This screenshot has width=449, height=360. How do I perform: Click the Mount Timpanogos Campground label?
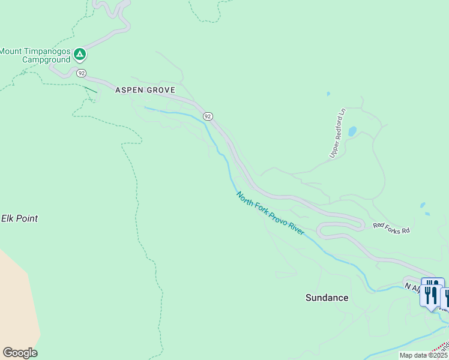click(35, 55)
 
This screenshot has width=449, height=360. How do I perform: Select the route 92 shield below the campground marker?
click(82, 73)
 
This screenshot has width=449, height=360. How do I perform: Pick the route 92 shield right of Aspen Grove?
click(208, 116)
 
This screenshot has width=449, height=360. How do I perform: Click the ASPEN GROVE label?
click(145, 90)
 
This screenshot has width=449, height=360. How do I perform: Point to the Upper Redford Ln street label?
click(338, 133)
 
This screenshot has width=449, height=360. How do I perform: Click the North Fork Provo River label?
click(270, 214)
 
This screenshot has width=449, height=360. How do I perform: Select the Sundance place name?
click(327, 298)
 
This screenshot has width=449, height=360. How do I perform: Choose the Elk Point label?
click(19, 218)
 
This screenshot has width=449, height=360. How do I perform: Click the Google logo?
click(20, 353)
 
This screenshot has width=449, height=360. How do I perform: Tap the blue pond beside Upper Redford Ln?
click(352, 131)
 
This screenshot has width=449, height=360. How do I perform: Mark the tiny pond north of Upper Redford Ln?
click(328, 94)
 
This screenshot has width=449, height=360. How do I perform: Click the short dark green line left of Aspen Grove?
click(90, 90)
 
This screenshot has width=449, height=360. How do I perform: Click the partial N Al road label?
click(412, 287)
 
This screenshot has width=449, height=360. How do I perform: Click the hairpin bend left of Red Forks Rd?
click(322, 229)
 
